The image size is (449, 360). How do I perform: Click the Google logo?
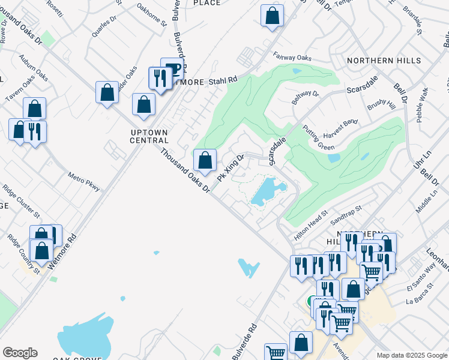click(20, 353)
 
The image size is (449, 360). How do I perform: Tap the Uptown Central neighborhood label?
click(149, 136)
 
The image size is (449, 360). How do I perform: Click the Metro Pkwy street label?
click(84, 182)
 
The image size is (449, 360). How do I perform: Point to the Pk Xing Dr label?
click(231, 169)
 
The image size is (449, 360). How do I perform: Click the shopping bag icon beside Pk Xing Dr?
click(205, 160)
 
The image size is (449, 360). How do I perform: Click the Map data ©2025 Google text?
click(410, 355)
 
